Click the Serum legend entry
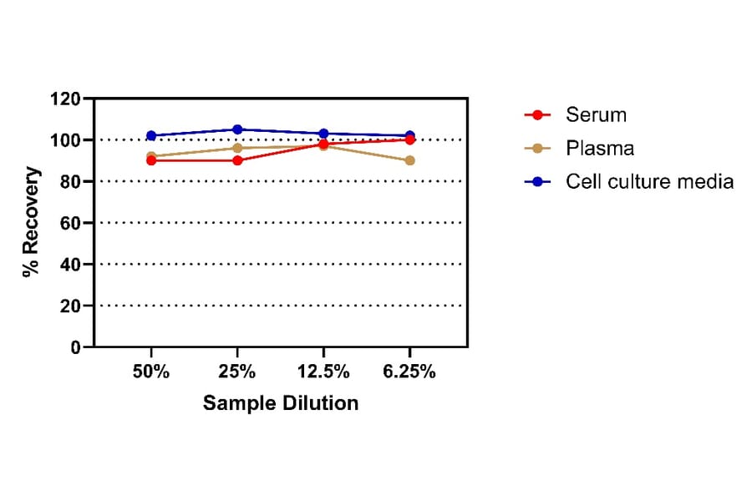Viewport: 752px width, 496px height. tap(595, 114)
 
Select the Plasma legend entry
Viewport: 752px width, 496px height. tap(599, 148)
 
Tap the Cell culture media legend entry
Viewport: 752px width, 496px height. tap(648, 181)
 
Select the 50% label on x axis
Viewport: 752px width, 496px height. tap(151, 372)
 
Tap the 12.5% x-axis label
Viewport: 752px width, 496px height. tap(323, 372)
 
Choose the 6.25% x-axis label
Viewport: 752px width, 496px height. tap(409, 372)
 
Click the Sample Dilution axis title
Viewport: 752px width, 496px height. tap(281, 403)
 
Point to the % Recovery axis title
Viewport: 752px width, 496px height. tap(31, 222)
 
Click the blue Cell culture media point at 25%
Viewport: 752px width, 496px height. tap(237, 129)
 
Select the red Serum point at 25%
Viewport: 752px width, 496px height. tap(237, 160)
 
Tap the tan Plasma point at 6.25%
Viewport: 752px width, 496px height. tap(409, 160)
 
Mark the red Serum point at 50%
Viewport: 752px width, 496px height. tap(151, 160)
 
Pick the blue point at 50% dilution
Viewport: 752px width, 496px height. tap(151, 135)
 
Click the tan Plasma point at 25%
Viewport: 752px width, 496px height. tap(237, 148)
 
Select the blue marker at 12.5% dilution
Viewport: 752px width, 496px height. tap(323, 134)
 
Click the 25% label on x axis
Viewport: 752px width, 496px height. tap(237, 372)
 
